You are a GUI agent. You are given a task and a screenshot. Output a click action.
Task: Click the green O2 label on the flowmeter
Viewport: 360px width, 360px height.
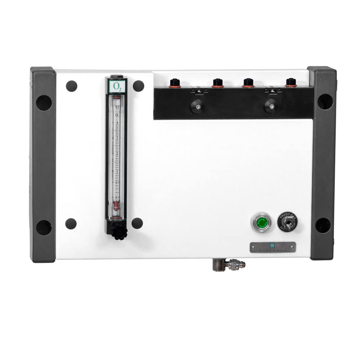point(116,86)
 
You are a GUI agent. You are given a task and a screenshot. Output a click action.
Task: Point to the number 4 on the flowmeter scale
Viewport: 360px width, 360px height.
point(117,123)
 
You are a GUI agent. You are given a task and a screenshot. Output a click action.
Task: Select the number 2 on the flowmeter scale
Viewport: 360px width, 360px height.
point(117,154)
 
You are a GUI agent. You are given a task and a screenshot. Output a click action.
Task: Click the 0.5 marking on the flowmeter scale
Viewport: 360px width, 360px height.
point(117,183)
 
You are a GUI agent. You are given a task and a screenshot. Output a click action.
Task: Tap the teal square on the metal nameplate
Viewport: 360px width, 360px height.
point(272,246)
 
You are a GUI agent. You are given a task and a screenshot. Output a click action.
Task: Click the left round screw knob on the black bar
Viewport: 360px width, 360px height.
point(197,106)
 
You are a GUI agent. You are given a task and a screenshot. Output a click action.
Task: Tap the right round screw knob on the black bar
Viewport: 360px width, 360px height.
point(271,106)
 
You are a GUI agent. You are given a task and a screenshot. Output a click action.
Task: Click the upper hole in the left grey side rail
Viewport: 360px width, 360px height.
point(44,103)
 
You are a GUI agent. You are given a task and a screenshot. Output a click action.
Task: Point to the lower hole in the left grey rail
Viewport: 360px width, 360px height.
point(44,228)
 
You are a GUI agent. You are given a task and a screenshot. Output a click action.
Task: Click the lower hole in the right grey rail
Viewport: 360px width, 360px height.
point(323,225)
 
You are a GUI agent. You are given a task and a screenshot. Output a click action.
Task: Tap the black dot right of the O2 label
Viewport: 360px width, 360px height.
point(138,86)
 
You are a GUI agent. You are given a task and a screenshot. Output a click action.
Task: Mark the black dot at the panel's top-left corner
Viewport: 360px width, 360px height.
point(71,86)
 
